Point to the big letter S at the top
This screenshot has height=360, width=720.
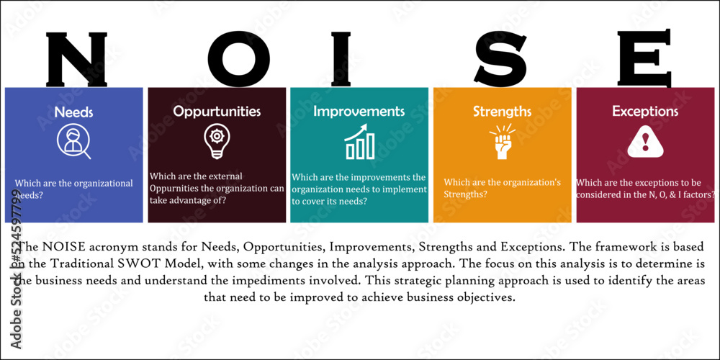(500, 58)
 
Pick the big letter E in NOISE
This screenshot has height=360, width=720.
(644, 58)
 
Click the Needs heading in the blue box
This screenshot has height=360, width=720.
(73, 112)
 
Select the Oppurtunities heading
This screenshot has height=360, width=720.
(217, 112)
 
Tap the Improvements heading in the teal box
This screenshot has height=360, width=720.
(359, 112)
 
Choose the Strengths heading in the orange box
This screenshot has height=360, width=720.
(502, 112)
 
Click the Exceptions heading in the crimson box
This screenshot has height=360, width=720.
(645, 112)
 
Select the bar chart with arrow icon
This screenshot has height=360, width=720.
(360, 142)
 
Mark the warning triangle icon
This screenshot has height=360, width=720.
(645, 141)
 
